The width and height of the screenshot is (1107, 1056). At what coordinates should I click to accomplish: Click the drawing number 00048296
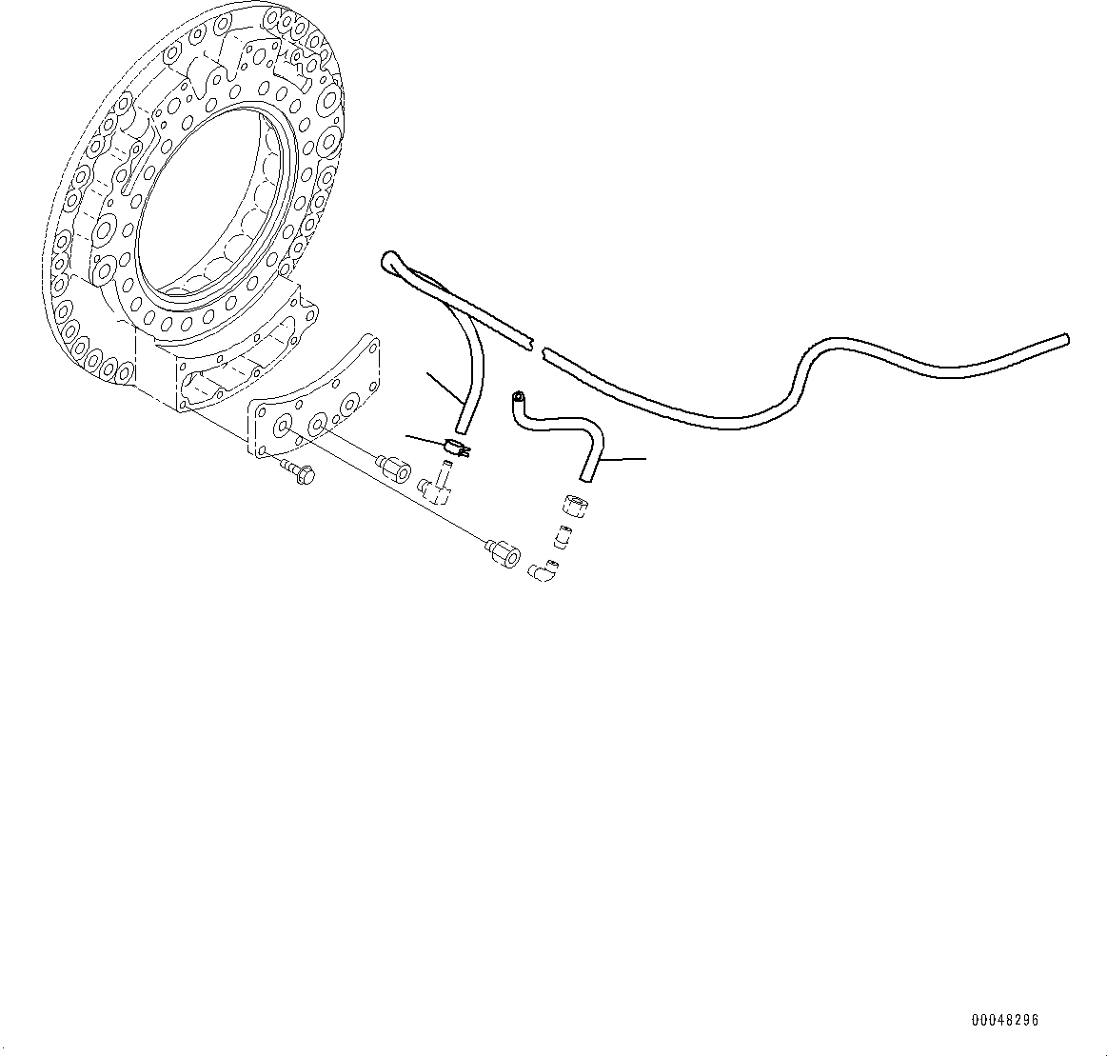(x=1004, y=1019)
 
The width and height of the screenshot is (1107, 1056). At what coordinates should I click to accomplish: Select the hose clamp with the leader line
(x=456, y=448)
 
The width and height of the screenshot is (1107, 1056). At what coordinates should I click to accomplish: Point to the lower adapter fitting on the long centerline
(x=503, y=553)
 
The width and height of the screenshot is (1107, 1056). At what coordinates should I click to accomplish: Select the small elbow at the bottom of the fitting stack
(x=544, y=569)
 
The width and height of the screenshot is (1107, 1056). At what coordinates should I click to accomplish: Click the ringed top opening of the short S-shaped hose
(x=518, y=398)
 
